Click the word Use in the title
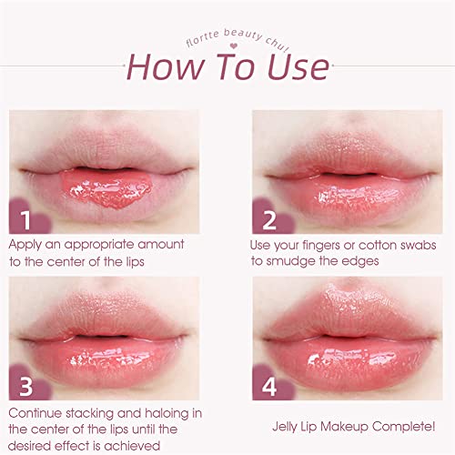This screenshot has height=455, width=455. (x=292, y=67)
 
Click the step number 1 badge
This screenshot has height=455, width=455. (x=27, y=221)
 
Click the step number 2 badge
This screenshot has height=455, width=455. (x=268, y=221)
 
